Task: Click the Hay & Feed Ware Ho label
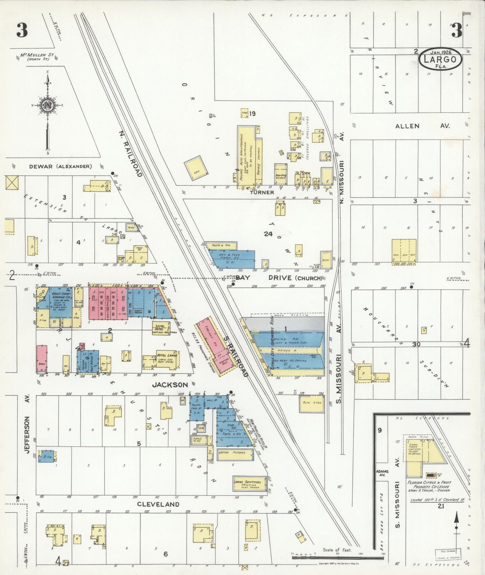(x=229, y=256)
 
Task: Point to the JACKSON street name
(x=170, y=384)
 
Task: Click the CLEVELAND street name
(x=158, y=504)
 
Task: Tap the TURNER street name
(x=262, y=192)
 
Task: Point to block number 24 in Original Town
(x=268, y=234)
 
